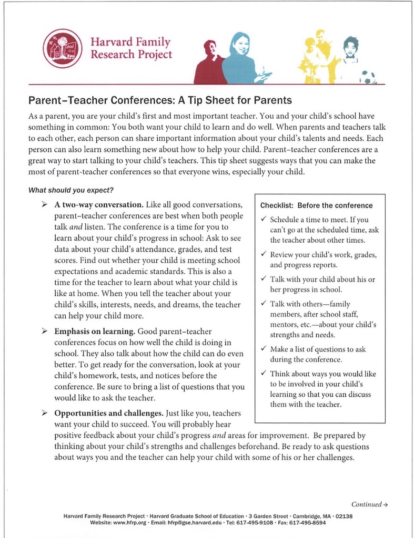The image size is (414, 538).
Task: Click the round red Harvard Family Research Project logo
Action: coord(63,48)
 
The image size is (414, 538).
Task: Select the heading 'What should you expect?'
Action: coord(71,190)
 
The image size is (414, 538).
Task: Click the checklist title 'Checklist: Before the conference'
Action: coord(316,205)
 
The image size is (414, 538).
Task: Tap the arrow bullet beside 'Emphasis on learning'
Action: coord(45,332)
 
